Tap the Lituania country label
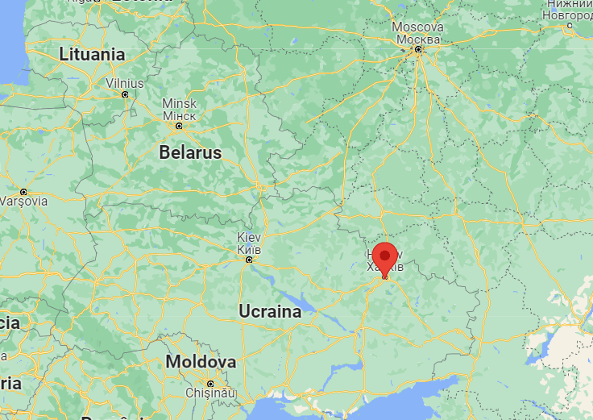pos(92,55)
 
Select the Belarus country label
pos(190,152)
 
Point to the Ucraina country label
pos(270,311)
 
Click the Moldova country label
pos(201,362)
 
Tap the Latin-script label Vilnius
pos(125,83)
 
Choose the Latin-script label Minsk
pos(179,104)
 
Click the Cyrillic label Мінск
pos(179,115)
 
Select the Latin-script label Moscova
pos(417,27)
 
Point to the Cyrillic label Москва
pos(417,40)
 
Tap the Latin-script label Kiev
pos(248,238)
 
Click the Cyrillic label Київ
pos(248,249)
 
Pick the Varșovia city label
pos(23,202)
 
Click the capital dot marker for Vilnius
pos(124,94)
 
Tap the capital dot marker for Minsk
pos(179,126)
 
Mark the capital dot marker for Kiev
pos(248,260)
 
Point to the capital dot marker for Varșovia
pos(23,191)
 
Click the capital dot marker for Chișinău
pos(209,382)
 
